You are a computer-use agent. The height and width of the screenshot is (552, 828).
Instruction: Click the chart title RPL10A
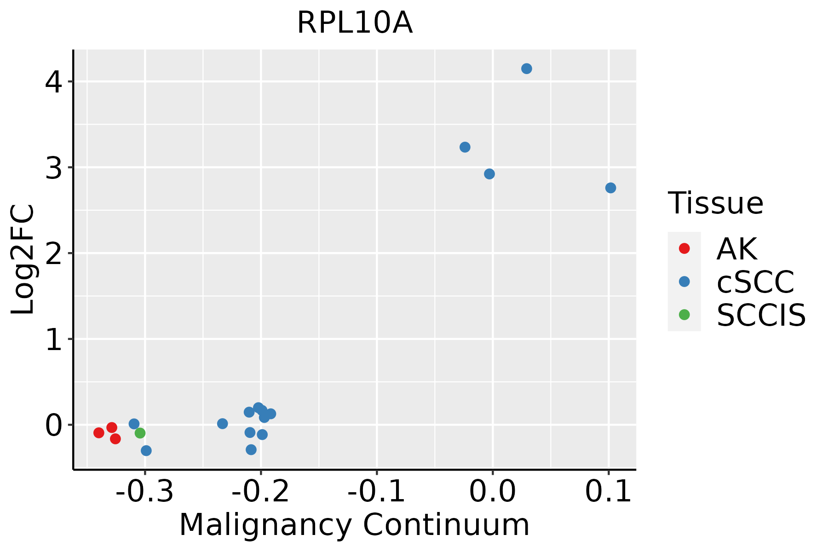(355, 23)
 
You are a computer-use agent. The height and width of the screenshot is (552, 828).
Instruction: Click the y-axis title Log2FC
(23, 259)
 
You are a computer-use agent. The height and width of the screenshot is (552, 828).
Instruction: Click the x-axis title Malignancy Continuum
(354, 525)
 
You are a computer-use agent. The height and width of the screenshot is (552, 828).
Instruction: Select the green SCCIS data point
(140, 433)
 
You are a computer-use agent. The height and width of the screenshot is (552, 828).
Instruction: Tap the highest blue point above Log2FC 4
(527, 69)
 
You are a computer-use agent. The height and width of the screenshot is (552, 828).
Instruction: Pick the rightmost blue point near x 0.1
(610, 188)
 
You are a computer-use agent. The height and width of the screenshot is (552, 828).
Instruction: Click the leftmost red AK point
(99, 432)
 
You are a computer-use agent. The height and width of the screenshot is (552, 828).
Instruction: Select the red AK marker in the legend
(684, 248)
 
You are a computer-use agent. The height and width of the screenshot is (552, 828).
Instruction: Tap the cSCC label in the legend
(755, 282)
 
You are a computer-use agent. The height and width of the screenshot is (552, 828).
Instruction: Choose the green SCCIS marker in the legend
(684, 315)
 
